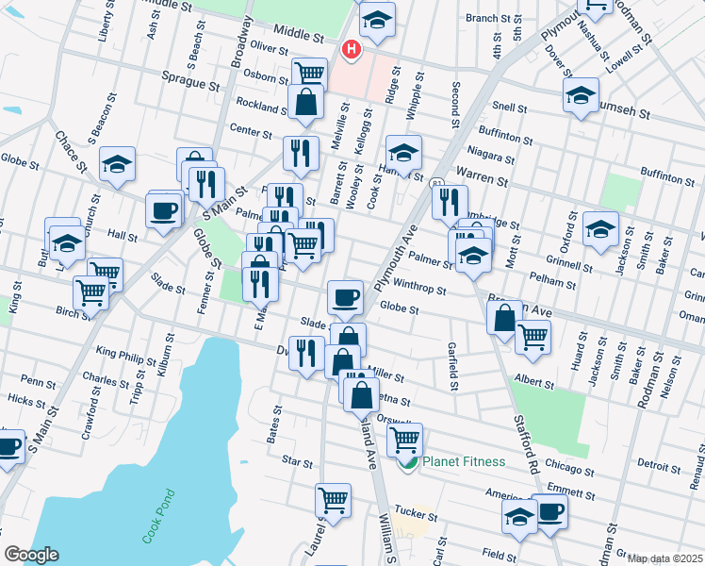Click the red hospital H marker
coord(352,49)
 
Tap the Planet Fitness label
coord(463,461)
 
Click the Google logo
coord(31,555)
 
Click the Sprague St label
coord(189,82)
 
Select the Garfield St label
coord(453,366)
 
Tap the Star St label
coord(297,461)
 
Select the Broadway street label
coord(242,42)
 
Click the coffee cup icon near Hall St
coord(164,209)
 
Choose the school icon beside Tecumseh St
coord(581,95)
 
